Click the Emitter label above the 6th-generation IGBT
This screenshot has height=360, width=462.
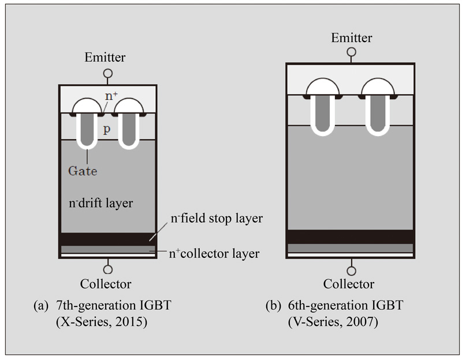(351, 38)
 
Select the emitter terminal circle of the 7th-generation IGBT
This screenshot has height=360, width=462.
(107, 74)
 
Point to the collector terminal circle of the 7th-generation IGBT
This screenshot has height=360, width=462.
(107, 269)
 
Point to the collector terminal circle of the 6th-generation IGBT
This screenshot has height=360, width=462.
(351, 270)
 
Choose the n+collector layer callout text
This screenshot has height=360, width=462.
(214, 253)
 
